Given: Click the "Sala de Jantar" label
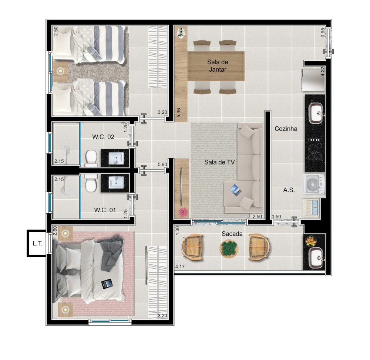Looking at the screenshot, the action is point(218,66).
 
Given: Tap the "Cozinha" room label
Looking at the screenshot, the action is point(286,129).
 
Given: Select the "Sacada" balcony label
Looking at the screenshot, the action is point(232,234).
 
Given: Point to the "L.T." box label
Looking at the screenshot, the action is point(37,244).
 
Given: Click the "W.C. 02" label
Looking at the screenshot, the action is point(103,137).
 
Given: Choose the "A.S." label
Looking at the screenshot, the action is point(289,190).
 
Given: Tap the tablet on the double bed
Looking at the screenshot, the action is point(106,284).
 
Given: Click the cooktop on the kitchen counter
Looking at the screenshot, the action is point(315,149).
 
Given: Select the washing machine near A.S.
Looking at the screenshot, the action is point(314,184).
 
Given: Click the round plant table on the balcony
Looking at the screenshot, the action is point(229,249).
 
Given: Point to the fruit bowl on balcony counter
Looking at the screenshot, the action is point(310,241).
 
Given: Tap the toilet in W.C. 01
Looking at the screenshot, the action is point(91,183).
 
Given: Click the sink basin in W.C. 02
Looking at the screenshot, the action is point(115,158).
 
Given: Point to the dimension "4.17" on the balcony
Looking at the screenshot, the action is point(180,267).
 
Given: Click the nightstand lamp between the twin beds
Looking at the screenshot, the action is point(61,71).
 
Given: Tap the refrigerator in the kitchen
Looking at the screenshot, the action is point(313,80).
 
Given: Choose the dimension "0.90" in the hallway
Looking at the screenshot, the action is point(162,164).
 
